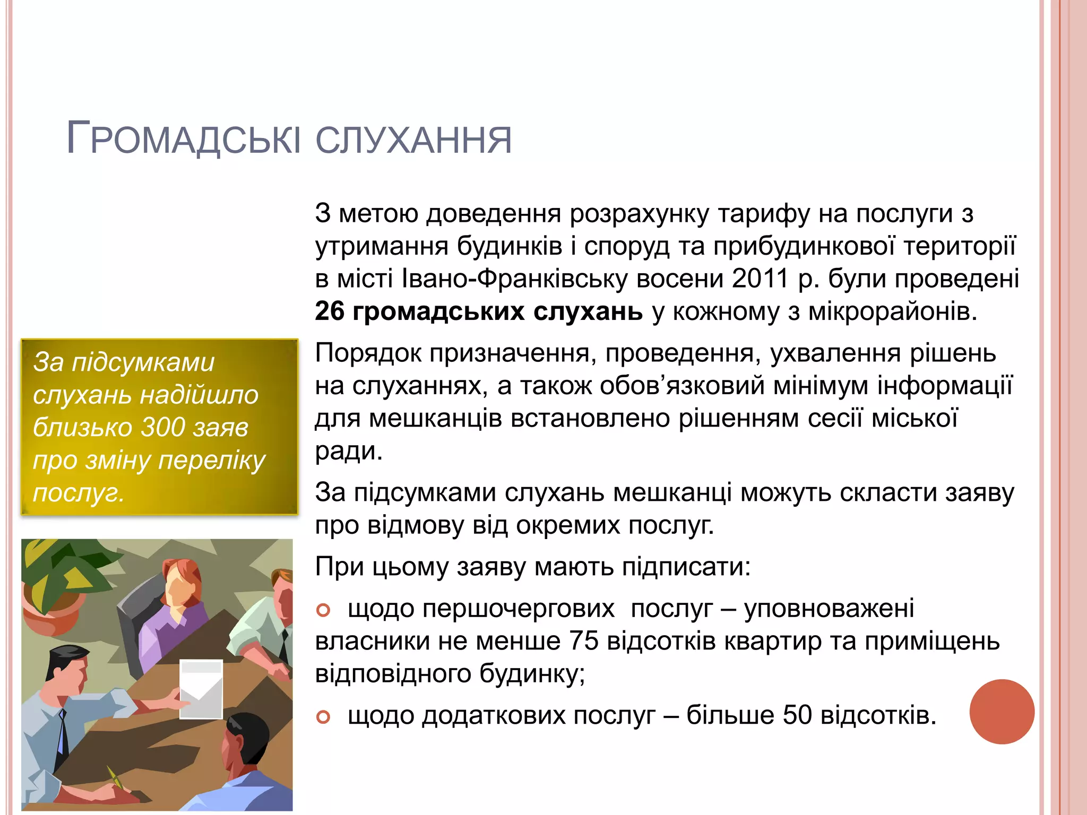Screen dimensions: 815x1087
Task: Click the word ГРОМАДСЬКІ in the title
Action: click(183, 139)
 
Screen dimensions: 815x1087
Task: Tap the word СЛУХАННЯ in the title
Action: click(414, 140)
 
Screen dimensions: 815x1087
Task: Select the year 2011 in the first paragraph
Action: click(760, 279)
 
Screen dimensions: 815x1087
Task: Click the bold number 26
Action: click(330, 311)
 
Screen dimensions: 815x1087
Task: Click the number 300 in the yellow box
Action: click(163, 427)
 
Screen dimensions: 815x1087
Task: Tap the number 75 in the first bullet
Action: click(583, 641)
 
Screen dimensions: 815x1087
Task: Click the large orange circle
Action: click(1002, 712)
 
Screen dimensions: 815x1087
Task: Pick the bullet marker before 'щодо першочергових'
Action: click(323, 611)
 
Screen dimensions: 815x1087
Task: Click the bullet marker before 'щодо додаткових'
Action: click(323, 717)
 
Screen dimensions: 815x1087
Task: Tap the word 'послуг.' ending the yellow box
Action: click(79, 493)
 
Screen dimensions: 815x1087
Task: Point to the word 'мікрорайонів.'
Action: click(893, 311)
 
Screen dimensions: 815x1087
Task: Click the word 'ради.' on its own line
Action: click(349, 451)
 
